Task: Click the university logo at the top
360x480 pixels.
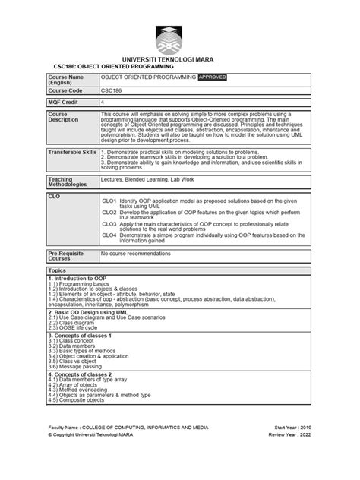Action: click(x=180, y=33)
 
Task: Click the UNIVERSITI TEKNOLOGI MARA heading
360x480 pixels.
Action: click(x=180, y=58)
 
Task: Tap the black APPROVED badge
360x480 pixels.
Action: click(x=213, y=77)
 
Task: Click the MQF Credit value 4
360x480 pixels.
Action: click(x=103, y=101)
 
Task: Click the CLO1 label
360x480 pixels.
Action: click(x=109, y=201)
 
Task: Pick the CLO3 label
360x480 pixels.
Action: click(x=109, y=225)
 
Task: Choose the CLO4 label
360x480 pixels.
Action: click(x=109, y=236)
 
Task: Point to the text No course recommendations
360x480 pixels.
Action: click(x=137, y=251)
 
